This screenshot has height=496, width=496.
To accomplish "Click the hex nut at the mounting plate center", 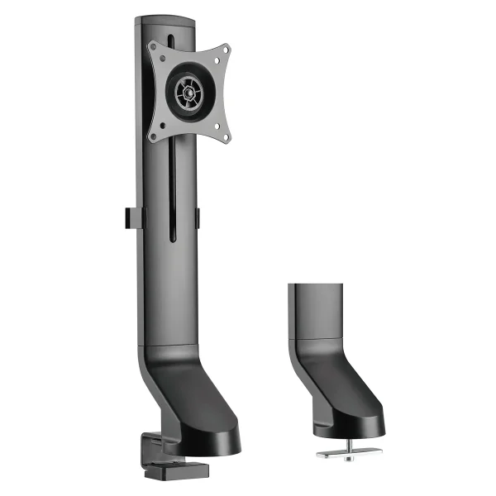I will click(188, 91).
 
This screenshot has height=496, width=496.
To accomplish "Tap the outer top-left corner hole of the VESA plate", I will click(155, 47).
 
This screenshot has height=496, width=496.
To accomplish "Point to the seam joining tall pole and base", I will click(162, 345).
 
